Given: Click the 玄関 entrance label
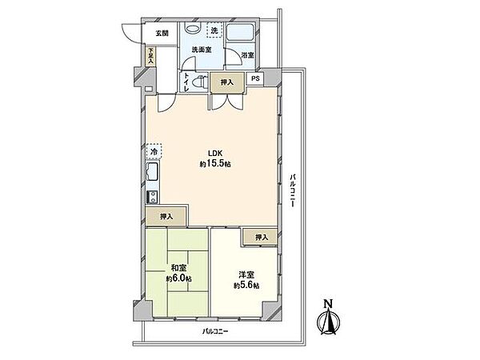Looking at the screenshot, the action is [x=162, y=33].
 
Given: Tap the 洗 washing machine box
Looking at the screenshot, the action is [x=214, y=30].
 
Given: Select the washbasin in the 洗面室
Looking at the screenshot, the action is [x=193, y=29].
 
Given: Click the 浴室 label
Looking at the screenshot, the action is [x=248, y=55].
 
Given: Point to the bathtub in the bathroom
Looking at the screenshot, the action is [x=240, y=32].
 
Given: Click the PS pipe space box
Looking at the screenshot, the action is [x=255, y=78].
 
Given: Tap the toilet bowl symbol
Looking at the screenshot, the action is [x=201, y=82].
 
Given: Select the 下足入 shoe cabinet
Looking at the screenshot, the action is [x=150, y=56].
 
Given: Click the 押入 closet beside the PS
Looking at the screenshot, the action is [x=227, y=82].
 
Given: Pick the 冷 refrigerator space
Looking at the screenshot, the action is [x=154, y=151].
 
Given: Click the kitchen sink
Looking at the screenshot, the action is [x=153, y=172].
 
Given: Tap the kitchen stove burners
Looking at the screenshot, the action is [x=153, y=197].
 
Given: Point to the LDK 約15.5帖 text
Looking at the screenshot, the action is [x=215, y=158].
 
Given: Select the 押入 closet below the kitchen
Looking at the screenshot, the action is [x=166, y=217].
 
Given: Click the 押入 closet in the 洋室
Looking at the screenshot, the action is [x=261, y=237].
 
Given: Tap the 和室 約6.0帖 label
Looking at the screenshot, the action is [x=179, y=274].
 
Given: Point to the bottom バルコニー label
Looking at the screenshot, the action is [x=215, y=331].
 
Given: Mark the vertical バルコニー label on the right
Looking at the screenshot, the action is [x=293, y=190].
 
